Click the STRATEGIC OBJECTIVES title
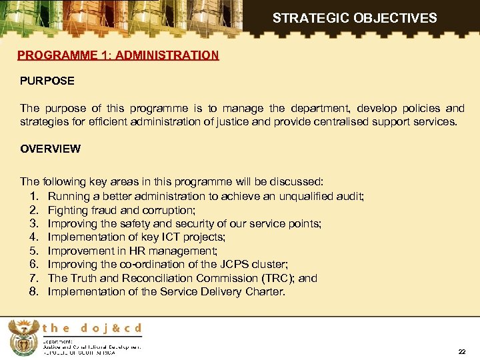click(x=355, y=18)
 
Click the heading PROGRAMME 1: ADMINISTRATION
click(x=118, y=55)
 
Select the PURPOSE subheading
click(x=47, y=81)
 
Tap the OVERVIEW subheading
click(x=50, y=149)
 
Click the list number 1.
click(x=34, y=196)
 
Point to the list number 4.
click(x=34, y=237)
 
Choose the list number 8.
click(x=34, y=291)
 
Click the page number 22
click(x=462, y=351)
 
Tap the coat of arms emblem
click(x=23, y=337)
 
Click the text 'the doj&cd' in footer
click(x=93, y=328)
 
